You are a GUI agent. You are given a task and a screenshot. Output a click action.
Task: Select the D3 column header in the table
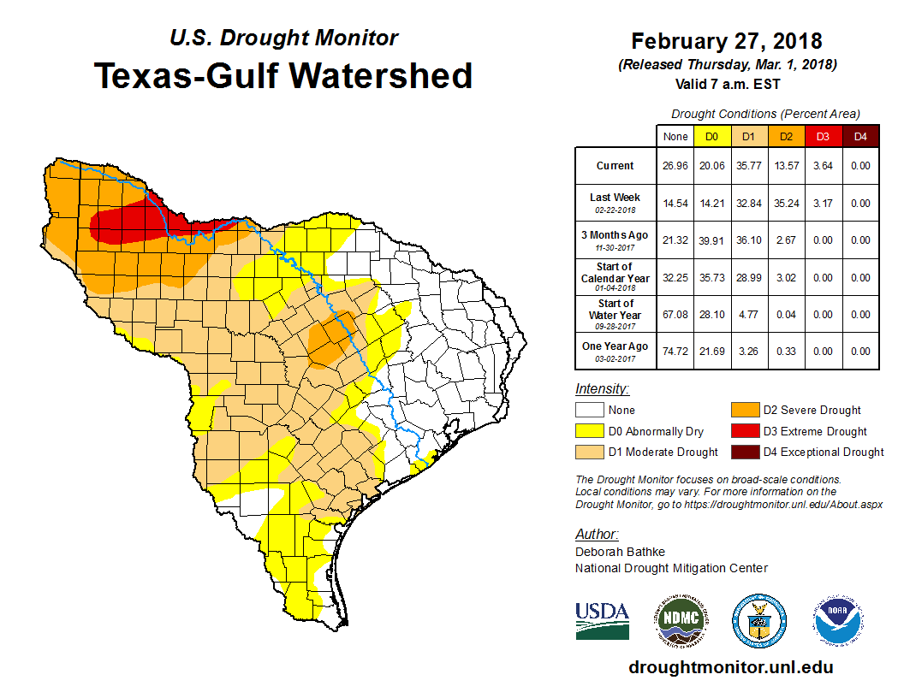tap(823, 137)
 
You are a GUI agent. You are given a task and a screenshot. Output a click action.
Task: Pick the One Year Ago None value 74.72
tap(675, 352)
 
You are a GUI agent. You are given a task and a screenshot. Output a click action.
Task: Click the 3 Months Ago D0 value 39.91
tap(711, 240)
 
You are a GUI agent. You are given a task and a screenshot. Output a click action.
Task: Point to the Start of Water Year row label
tap(616, 314)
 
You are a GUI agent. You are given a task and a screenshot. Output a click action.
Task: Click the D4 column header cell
tap(860, 137)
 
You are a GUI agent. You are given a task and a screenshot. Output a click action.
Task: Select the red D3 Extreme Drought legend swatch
tap(742, 431)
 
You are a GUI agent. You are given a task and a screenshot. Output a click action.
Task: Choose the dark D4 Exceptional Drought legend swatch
tap(742, 452)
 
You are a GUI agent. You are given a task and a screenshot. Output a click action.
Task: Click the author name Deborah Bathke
tap(620, 552)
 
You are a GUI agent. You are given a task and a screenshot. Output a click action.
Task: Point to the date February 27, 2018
tap(726, 41)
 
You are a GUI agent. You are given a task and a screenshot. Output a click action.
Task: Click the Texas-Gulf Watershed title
tap(283, 75)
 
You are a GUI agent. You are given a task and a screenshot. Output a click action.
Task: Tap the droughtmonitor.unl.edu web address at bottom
tap(730, 667)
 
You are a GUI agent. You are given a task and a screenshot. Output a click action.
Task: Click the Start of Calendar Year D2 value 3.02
tap(785, 278)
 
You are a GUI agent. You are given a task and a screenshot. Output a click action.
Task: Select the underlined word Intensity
tap(602, 389)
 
